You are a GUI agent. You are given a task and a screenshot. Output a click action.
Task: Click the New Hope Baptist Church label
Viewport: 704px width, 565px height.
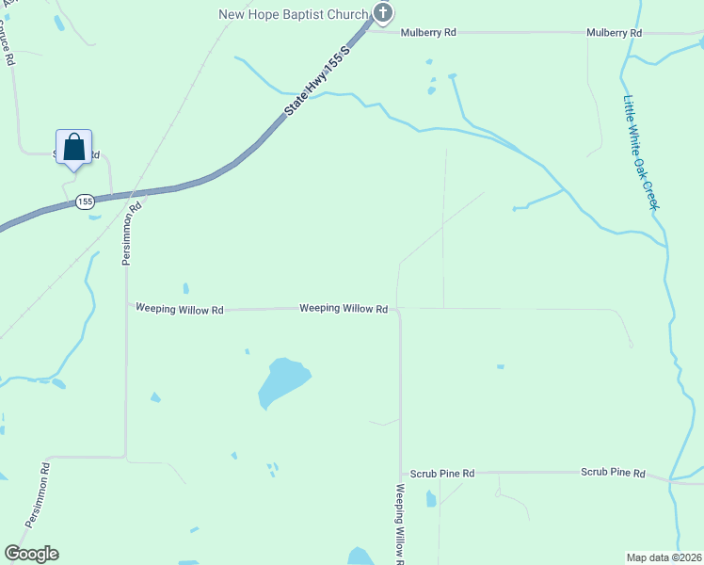(x=293, y=14)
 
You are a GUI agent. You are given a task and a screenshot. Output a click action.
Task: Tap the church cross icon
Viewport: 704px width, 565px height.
(x=382, y=13)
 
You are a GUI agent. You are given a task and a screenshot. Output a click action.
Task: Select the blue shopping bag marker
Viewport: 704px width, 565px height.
(x=74, y=148)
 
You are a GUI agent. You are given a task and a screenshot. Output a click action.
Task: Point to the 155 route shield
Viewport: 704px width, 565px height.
(x=85, y=202)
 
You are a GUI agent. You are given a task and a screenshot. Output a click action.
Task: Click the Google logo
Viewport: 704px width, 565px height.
(x=31, y=554)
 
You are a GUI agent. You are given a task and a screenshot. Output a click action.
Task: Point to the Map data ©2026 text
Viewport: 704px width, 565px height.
(x=664, y=556)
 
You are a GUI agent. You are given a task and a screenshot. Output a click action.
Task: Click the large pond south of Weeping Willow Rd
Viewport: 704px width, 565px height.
(x=281, y=380)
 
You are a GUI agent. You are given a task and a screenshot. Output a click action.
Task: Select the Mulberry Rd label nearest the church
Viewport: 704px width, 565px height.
(x=428, y=32)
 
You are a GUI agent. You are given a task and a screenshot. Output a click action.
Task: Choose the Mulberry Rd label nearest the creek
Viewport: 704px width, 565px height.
(x=614, y=32)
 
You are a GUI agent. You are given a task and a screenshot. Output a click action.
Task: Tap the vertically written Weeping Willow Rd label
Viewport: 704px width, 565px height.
(x=400, y=523)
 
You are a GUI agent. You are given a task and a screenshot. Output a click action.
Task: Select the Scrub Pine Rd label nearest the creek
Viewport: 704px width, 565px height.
(x=613, y=473)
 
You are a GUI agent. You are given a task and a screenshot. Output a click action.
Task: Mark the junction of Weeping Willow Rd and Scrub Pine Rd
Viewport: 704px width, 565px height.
(x=401, y=473)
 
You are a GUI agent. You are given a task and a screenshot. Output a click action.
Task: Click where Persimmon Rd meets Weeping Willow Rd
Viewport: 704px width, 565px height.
(x=128, y=305)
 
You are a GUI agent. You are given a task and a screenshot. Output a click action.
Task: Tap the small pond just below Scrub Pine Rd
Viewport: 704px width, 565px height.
(x=431, y=498)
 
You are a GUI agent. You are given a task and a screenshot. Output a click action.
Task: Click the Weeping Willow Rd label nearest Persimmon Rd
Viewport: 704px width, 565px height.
(x=179, y=309)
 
